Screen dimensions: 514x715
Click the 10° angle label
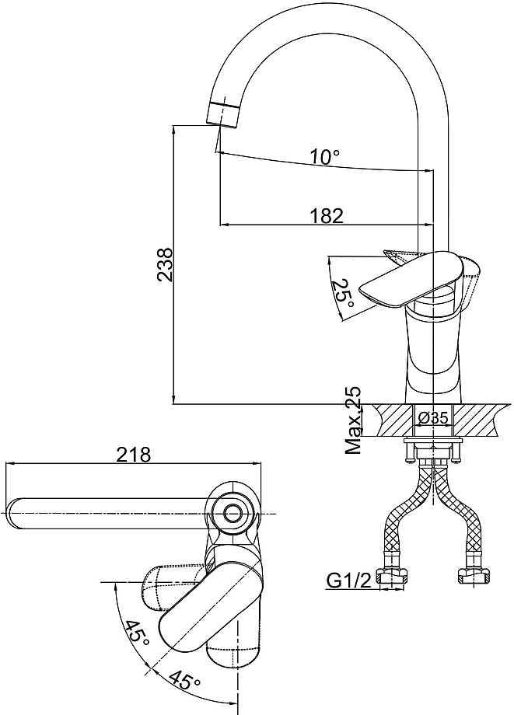coord(325,157)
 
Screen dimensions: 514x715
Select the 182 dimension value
coord(326,215)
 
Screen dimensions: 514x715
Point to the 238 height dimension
coord(164,264)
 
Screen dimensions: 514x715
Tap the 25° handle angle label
coord(342,292)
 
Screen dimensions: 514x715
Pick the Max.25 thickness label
coord(353,420)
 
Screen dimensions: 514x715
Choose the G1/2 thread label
coord(349,581)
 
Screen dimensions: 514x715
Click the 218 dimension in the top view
coord(133,454)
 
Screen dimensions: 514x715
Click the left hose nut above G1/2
coord(392,577)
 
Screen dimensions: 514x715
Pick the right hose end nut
coord(473,577)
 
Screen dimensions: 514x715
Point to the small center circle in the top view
coord(233,514)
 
